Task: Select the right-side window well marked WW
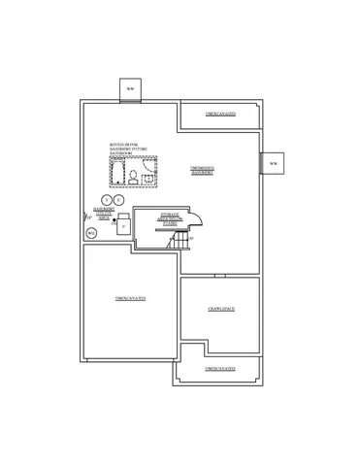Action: click(273, 163)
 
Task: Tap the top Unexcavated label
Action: click(219, 115)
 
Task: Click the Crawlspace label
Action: click(221, 309)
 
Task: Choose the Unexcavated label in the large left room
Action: click(129, 296)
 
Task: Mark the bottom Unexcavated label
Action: click(219, 369)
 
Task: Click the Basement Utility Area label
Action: click(105, 212)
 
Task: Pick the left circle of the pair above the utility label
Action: click(107, 199)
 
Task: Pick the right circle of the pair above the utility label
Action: click(118, 199)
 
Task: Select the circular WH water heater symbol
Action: click(91, 233)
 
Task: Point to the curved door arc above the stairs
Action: click(191, 218)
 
